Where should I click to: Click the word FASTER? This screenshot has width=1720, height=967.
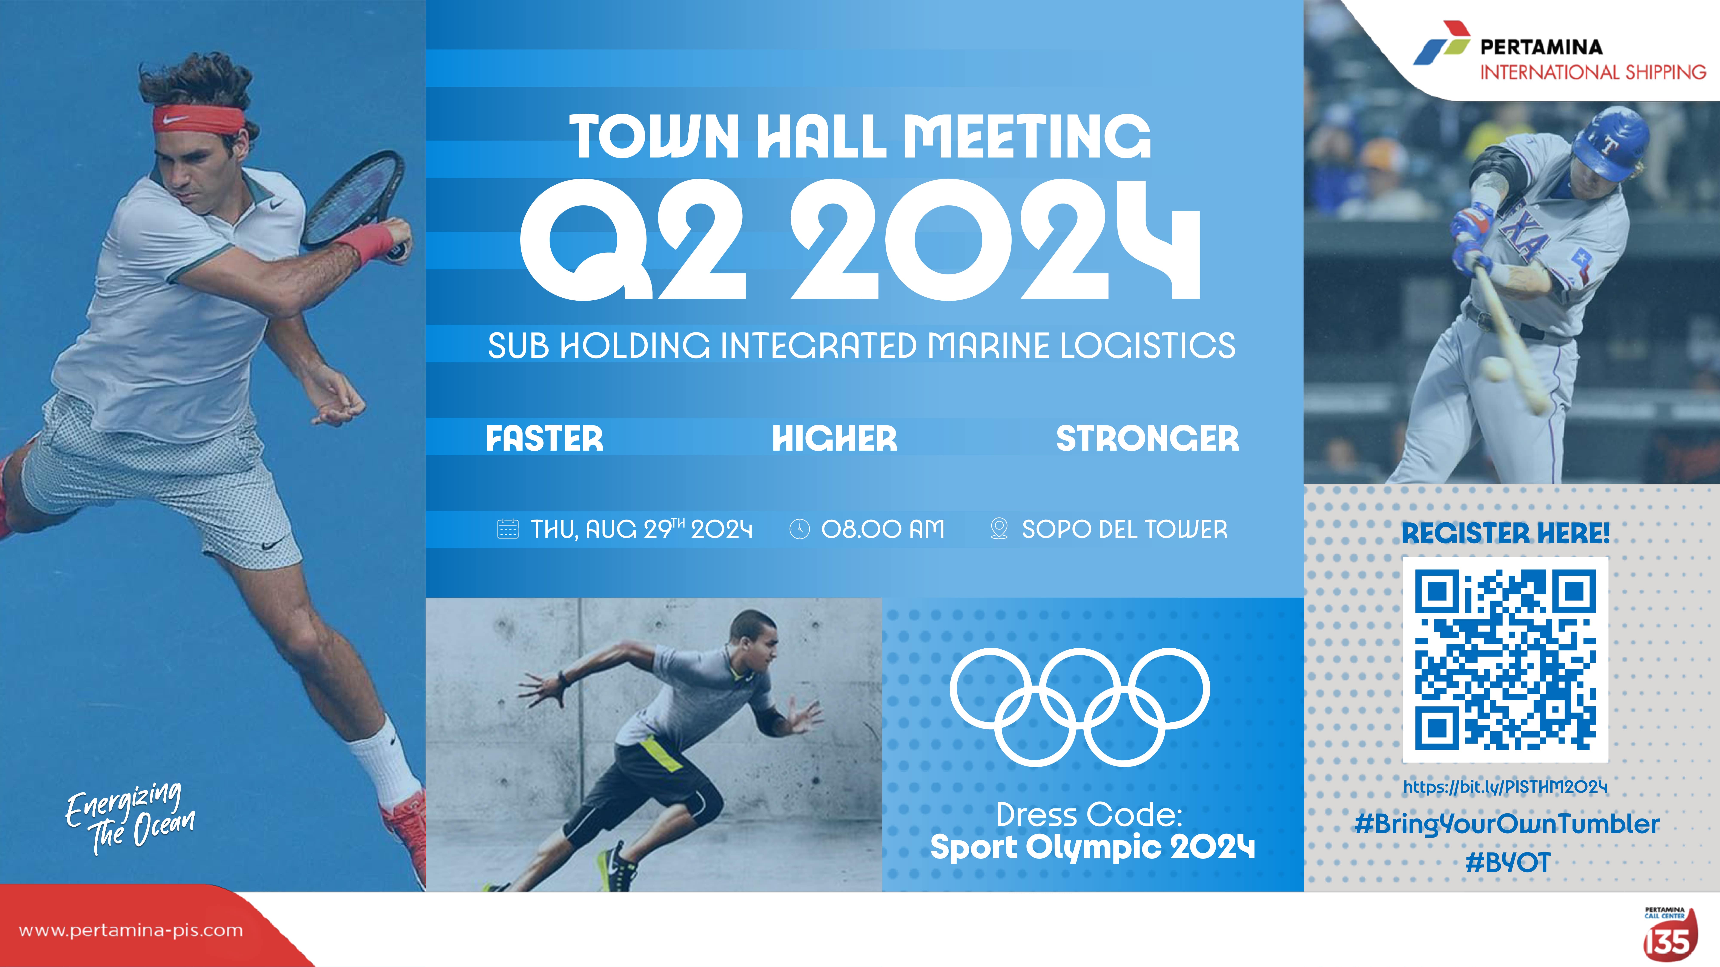[544, 438]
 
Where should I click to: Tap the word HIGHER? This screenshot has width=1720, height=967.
[835, 438]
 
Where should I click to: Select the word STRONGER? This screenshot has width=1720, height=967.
[1147, 438]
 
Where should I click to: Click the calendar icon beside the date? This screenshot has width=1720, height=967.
[507, 529]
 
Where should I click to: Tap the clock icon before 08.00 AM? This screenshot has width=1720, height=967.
[799, 529]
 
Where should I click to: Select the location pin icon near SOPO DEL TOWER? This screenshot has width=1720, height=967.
[999, 529]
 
